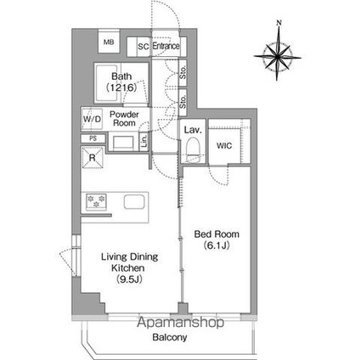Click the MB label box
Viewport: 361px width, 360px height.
(x=108, y=42)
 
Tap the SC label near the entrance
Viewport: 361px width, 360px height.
(x=143, y=46)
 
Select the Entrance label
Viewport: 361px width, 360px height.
(x=166, y=46)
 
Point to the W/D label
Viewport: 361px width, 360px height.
(x=92, y=119)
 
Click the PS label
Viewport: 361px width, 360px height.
(x=92, y=138)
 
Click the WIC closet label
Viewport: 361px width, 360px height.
(x=224, y=145)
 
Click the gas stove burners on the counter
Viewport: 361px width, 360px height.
(x=94, y=201)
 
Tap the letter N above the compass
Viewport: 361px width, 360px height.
(x=280, y=25)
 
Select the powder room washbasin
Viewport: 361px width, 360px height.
(x=124, y=141)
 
